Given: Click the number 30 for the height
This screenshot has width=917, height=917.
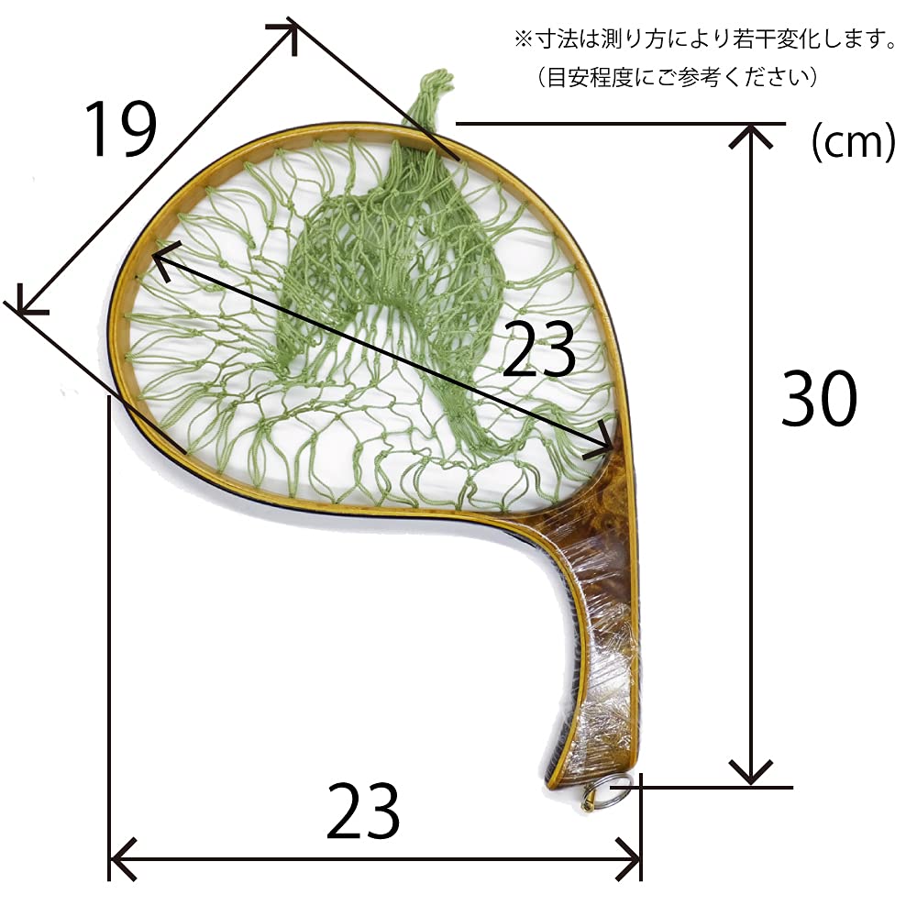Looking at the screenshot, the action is [x=819, y=398].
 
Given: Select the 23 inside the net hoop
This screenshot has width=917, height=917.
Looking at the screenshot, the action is [x=538, y=348].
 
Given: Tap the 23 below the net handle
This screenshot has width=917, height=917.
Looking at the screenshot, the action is [x=363, y=811].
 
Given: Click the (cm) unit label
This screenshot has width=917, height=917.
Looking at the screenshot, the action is [x=853, y=142].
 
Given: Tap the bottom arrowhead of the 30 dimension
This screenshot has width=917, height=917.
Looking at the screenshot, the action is [x=751, y=772].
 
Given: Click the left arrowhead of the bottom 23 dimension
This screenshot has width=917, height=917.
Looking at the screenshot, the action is [x=123, y=859].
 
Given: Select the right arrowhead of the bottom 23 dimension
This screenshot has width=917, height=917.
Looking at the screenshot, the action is [x=628, y=859].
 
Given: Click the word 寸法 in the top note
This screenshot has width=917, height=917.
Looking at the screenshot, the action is [x=556, y=39].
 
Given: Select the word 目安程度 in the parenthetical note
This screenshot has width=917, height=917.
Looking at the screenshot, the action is [x=591, y=77].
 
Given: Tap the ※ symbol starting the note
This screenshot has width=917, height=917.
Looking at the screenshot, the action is [x=523, y=39].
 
